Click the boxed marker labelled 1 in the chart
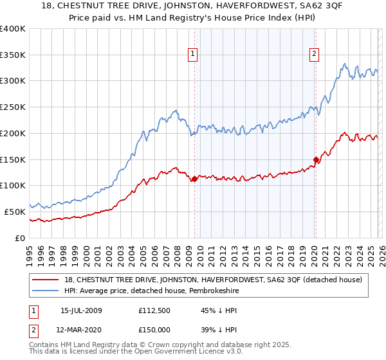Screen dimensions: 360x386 coord(194,55)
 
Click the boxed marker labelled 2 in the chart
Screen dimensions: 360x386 coord(315,55)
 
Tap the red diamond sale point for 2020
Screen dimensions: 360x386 coord(316,159)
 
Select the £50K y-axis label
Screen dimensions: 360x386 coord(15,211)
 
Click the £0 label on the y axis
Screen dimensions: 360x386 coord(20,237)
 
